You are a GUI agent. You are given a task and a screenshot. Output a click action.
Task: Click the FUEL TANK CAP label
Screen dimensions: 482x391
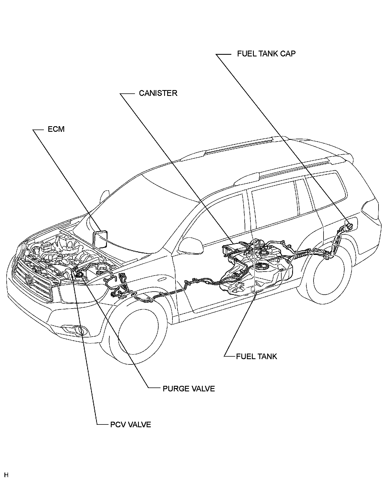click(x=266, y=54)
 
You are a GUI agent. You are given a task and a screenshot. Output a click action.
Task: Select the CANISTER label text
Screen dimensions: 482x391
click(x=158, y=93)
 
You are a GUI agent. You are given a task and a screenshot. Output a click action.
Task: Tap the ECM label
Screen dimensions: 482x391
click(x=56, y=129)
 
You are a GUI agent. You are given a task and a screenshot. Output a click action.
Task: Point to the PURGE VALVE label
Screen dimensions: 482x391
click(x=189, y=389)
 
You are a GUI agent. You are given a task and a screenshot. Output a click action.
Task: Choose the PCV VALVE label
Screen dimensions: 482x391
click(x=131, y=425)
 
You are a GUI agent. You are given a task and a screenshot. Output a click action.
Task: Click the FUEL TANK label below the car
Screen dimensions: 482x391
click(x=256, y=357)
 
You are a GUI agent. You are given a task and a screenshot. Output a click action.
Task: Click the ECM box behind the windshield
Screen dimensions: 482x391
click(x=100, y=238)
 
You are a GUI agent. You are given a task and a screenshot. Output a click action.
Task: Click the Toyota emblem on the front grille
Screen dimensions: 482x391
click(x=29, y=279)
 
